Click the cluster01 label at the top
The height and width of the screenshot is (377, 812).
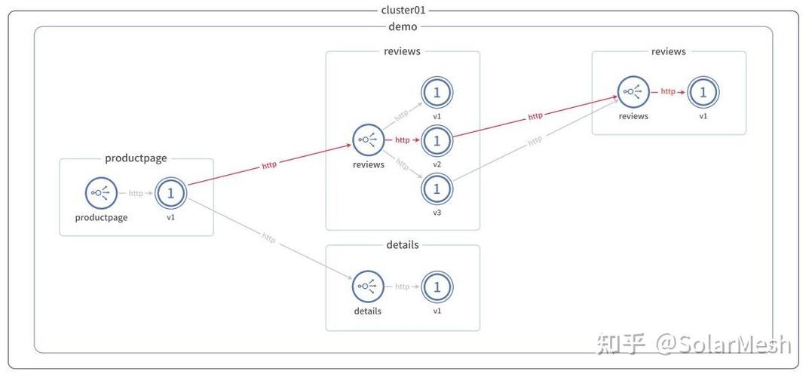point(403,10)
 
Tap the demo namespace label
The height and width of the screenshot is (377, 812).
point(403,26)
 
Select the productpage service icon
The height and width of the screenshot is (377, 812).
point(101,193)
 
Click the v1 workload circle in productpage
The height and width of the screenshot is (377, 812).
point(170,193)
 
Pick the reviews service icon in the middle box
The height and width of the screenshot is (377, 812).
point(368,139)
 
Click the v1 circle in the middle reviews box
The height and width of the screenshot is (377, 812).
point(437,93)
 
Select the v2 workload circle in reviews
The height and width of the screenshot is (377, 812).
point(437,139)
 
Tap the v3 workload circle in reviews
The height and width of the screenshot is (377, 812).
point(437,188)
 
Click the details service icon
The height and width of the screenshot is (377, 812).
point(368,287)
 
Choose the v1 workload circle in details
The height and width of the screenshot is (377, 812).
point(437,287)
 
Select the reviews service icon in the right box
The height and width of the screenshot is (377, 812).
point(633,92)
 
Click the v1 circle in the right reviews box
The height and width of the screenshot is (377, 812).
point(703,92)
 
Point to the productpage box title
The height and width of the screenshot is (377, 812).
point(136,158)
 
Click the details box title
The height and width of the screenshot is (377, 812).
point(403,244)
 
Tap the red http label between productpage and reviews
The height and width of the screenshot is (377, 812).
point(269,164)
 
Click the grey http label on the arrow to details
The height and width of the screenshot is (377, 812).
point(268,238)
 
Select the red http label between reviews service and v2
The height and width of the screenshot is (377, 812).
point(403,139)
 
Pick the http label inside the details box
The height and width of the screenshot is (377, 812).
point(403,287)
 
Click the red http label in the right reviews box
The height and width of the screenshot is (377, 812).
point(668,92)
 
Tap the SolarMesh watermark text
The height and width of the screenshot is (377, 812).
point(724,343)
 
